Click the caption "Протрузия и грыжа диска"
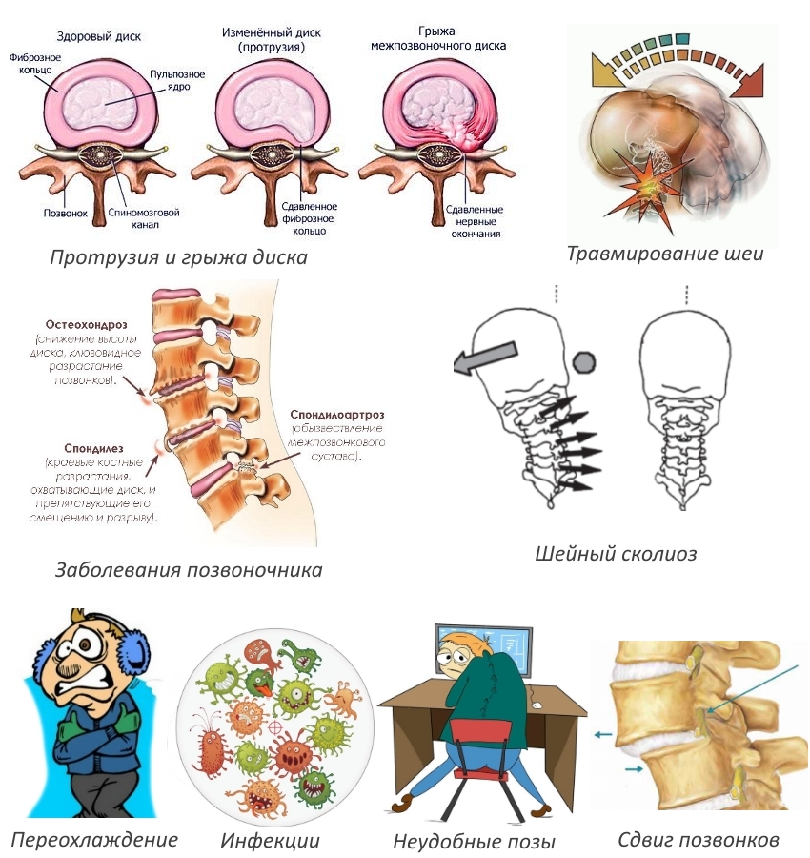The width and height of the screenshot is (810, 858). tap(178, 257)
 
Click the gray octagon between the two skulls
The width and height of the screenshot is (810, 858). tap(584, 363)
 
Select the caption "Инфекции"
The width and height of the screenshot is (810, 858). tap(271, 840)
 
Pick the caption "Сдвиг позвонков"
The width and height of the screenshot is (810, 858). tap(699, 839)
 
